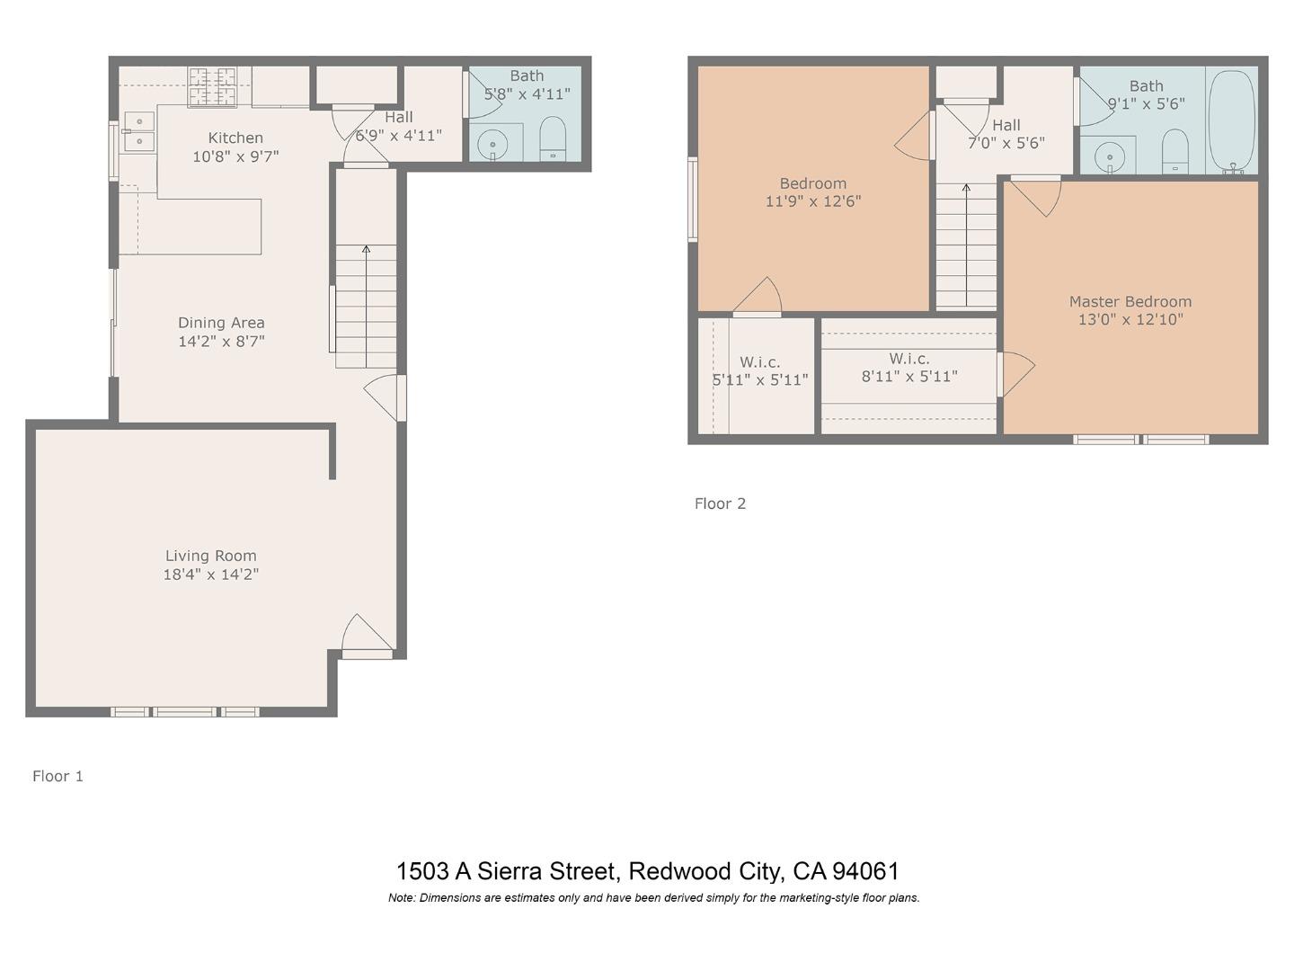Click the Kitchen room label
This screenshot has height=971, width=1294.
coord(235,138)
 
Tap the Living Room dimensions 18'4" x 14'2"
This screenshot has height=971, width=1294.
coord(211,575)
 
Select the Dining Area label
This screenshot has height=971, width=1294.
coord(221,323)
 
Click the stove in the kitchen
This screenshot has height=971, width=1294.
coord(212,86)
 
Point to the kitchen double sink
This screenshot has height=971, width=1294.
coord(138,131)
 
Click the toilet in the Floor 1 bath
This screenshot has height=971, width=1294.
coord(553,139)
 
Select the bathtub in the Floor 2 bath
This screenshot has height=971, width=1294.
coord(1232,120)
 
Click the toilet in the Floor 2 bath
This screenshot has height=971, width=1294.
coord(1174,151)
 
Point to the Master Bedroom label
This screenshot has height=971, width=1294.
coord(1130,302)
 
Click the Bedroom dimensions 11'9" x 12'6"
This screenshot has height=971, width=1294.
coord(813,201)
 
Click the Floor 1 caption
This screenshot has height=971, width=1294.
coord(58,776)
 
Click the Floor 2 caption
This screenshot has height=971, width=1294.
coord(720,503)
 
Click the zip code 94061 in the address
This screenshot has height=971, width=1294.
coord(865,871)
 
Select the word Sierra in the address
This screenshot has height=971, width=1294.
coord(510,871)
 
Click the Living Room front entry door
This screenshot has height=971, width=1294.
coord(367,637)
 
